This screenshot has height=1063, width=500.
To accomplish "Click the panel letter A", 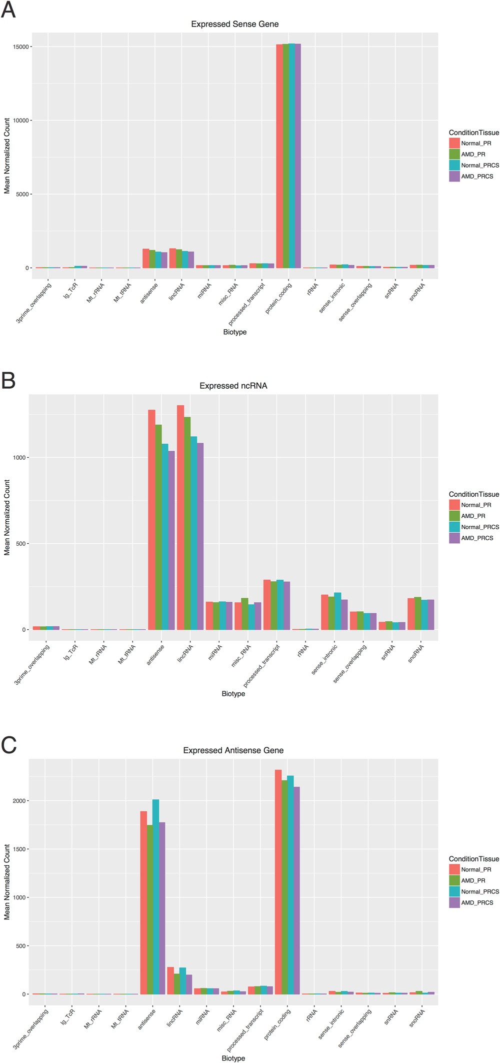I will tap(8, 10).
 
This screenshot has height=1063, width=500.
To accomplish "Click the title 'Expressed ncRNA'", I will tap(233, 386).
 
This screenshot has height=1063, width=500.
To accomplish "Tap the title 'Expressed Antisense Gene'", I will tap(233, 750).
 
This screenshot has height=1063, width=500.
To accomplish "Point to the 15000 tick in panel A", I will tap(21, 47).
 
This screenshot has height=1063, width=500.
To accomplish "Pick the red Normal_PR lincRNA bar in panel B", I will tap(180, 517).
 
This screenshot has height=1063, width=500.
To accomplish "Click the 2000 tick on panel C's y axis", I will tap(20, 801).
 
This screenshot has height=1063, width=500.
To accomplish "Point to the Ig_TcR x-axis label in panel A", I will tap(70, 291).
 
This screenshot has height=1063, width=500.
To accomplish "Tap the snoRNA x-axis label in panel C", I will tap(416, 1018).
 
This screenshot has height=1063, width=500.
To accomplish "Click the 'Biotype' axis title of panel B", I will tap(233, 694).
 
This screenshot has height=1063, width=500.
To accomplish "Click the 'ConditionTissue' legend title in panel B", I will tap(473, 494).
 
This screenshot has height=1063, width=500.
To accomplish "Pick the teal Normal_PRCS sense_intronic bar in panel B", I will tap(337, 611).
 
